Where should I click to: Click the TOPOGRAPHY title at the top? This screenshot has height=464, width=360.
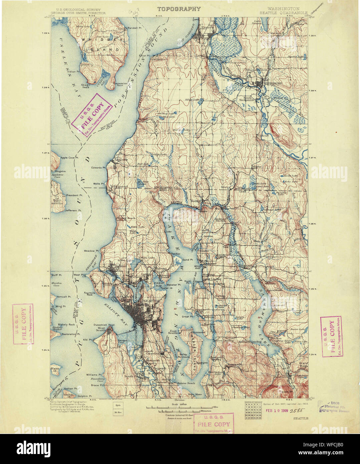click(x=179, y=9)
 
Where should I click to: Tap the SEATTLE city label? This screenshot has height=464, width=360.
click(x=149, y=301)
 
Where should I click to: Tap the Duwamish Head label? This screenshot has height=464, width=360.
click(x=107, y=325)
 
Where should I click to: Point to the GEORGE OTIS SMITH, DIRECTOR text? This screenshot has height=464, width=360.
click(x=78, y=13)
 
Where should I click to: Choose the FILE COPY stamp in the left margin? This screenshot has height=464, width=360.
click(x=23, y=322)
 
